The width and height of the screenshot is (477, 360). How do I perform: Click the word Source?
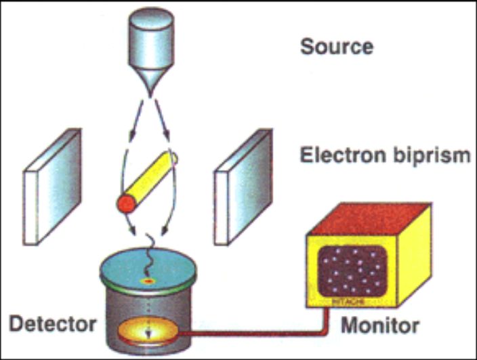336,47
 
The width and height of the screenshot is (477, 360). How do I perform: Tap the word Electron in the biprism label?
341,156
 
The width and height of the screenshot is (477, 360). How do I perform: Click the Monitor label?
379,325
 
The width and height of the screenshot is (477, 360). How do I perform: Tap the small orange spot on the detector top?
146,279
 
